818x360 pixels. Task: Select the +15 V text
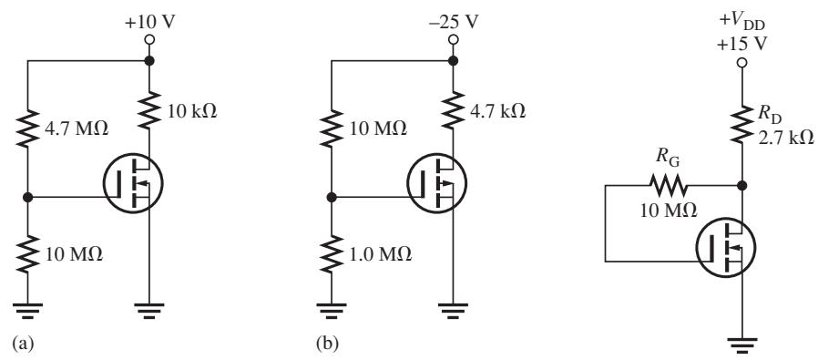click(741, 44)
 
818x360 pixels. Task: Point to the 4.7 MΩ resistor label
click(77, 129)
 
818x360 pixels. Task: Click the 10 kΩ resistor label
click(189, 112)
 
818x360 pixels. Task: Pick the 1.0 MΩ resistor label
click(381, 254)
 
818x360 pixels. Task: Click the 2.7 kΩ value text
click(785, 138)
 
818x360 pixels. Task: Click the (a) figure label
click(23, 345)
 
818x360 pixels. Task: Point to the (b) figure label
click(327, 345)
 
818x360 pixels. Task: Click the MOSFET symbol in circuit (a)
click(133, 183)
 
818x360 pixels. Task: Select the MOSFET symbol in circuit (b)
click(436, 183)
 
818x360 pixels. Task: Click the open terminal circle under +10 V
click(149, 39)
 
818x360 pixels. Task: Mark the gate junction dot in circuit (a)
click(27, 197)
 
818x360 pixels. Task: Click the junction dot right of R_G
click(741, 185)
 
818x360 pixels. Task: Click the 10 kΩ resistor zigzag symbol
click(149, 109)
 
